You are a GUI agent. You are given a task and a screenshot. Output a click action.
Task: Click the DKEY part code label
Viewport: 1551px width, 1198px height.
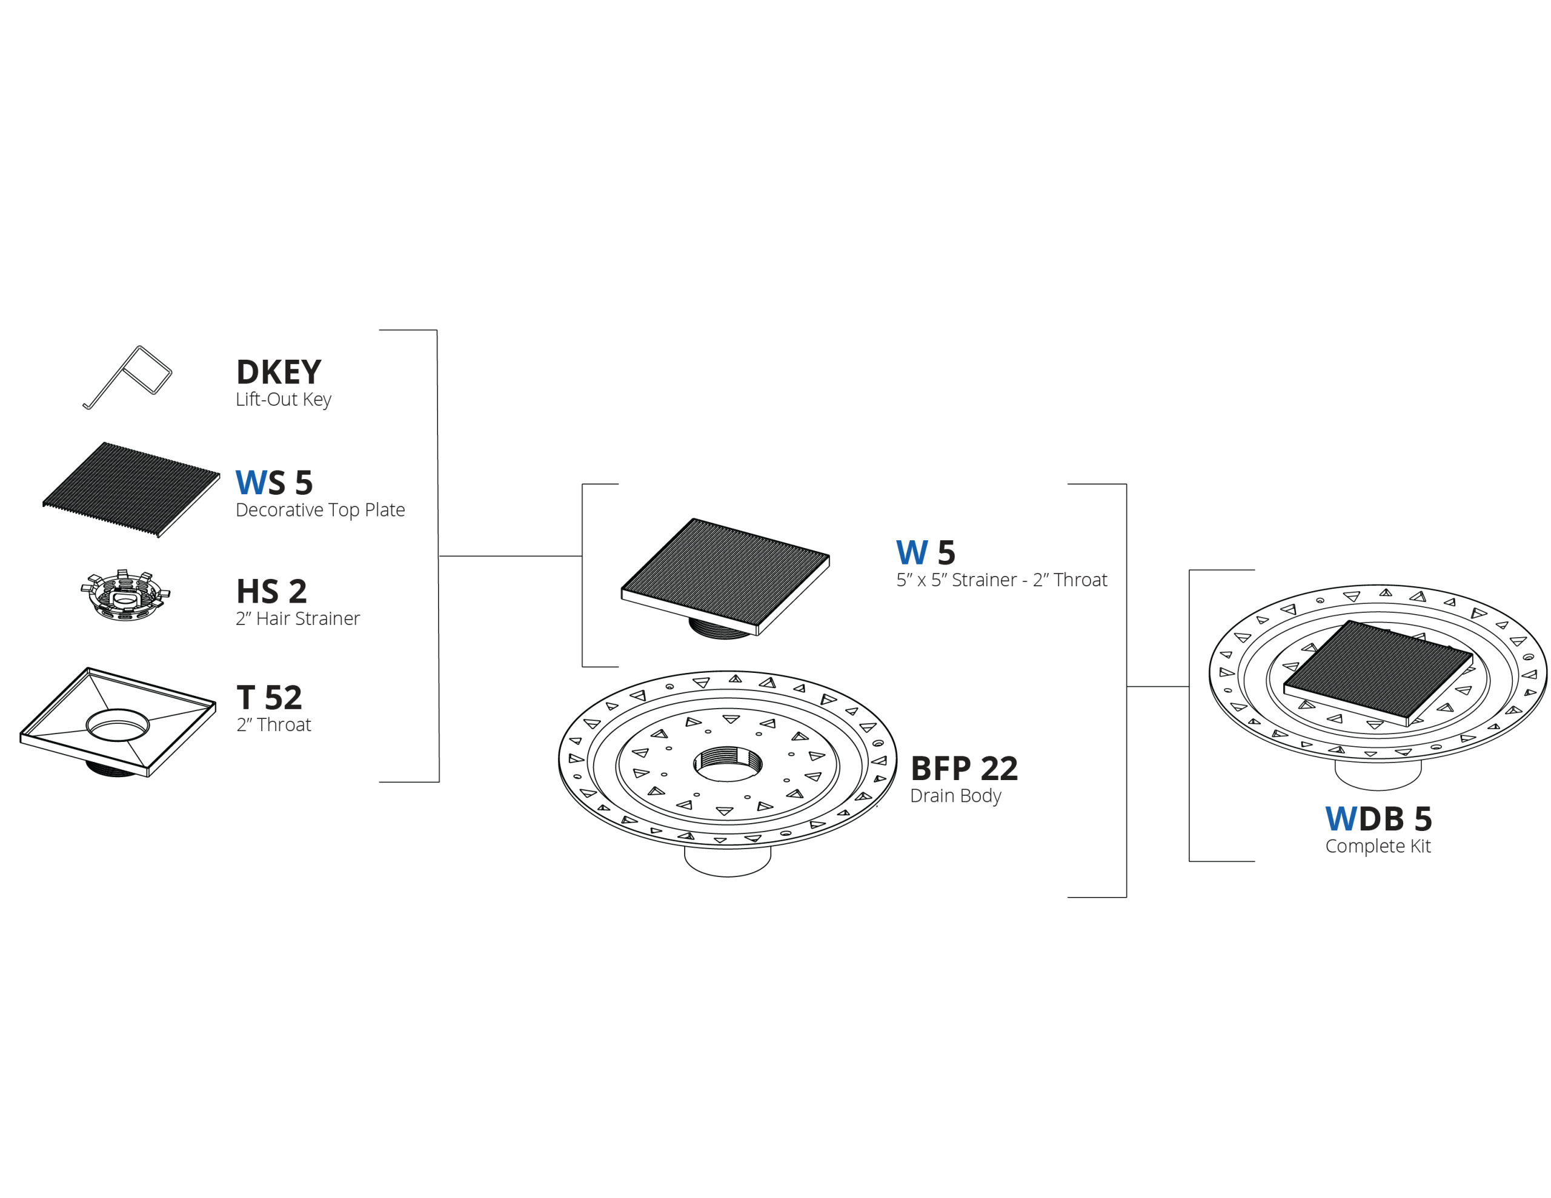(x=278, y=372)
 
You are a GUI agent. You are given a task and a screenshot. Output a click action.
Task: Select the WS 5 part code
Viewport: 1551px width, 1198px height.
(x=274, y=483)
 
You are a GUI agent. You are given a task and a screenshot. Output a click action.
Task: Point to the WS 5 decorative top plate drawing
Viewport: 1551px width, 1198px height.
(x=131, y=490)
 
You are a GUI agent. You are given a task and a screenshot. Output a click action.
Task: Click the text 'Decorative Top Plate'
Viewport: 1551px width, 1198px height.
(x=320, y=510)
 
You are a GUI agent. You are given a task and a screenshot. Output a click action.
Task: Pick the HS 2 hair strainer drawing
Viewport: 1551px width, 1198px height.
(x=125, y=595)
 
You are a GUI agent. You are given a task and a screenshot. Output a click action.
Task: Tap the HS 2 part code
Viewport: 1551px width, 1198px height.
(x=272, y=592)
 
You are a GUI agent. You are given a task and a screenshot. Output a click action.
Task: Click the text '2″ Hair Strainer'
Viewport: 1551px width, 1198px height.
(x=297, y=618)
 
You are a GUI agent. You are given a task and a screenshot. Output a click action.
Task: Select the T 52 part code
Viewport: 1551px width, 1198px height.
(x=270, y=697)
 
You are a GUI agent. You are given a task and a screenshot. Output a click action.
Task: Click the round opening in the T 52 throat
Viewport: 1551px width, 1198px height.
(x=118, y=725)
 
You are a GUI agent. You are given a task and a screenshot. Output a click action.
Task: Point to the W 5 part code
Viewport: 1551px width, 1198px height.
(x=925, y=552)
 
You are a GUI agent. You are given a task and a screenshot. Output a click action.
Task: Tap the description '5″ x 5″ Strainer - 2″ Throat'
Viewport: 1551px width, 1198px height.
(x=1001, y=580)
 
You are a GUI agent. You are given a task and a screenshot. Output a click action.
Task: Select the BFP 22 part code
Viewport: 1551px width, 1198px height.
(x=965, y=769)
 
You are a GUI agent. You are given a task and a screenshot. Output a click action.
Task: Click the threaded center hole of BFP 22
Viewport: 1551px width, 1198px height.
(x=728, y=764)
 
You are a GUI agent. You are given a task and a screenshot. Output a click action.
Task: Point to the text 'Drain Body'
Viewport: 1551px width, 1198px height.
(x=956, y=796)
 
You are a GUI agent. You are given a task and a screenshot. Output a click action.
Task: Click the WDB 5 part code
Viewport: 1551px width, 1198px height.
(x=1378, y=819)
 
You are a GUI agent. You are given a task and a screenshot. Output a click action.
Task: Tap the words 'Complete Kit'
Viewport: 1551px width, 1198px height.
(x=1378, y=847)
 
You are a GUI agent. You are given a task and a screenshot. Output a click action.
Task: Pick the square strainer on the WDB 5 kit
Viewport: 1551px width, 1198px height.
(x=1378, y=672)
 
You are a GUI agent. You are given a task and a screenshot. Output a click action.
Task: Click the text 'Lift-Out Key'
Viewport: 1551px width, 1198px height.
(x=284, y=399)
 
